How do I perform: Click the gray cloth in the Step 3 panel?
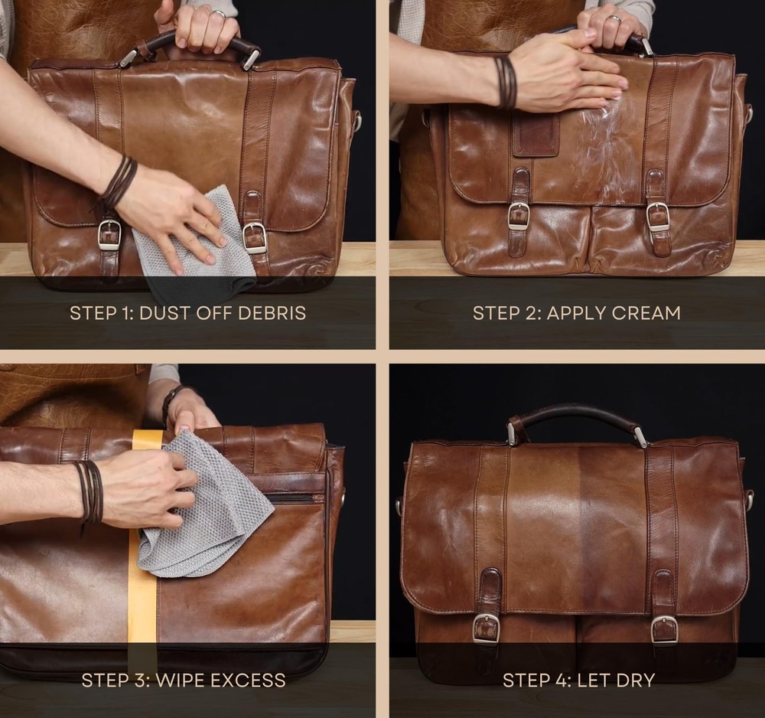205,507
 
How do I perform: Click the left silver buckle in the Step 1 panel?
109,235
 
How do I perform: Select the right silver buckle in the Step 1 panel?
254,238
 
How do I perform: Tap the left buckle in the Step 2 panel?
519,216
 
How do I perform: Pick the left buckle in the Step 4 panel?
486,628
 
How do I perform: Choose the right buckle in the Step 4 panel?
665,630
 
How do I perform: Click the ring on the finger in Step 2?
616,19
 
